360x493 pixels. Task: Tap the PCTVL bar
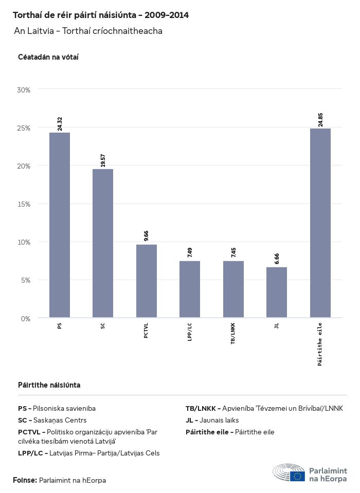(x=147, y=281)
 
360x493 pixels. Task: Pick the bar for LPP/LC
(x=190, y=289)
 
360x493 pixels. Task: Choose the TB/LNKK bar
(x=233, y=289)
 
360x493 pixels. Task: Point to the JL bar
(x=277, y=293)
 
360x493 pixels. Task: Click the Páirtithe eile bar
(x=320, y=223)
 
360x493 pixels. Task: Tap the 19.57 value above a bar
(x=103, y=160)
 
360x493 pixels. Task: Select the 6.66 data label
(x=277, y=259)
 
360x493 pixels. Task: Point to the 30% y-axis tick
(x=24, y=90)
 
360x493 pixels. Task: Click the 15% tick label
(x=24, y=204)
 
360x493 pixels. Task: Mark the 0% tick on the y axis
(x=26, y=319)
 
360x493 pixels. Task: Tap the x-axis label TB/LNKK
(x=233, y=333)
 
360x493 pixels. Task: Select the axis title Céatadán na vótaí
(x=48, y=57)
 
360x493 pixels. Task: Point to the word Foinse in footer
(x=25, y=480)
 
